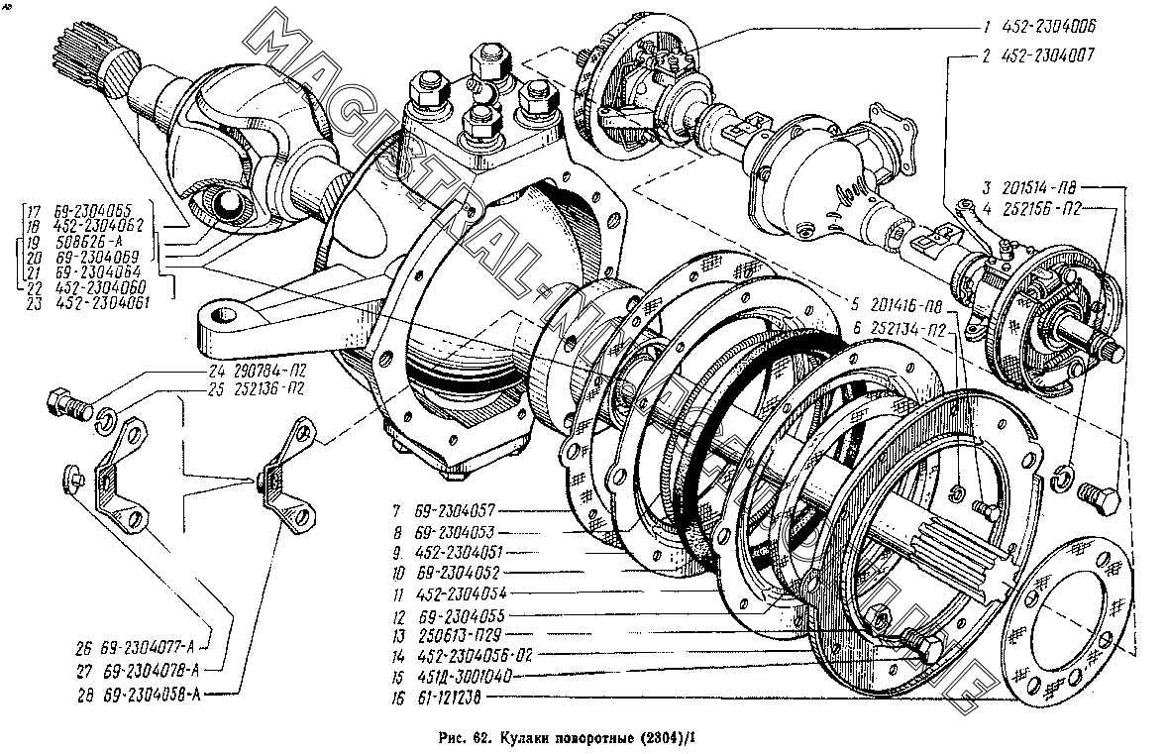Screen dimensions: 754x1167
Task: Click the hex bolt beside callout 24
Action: (x=66, y=404)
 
